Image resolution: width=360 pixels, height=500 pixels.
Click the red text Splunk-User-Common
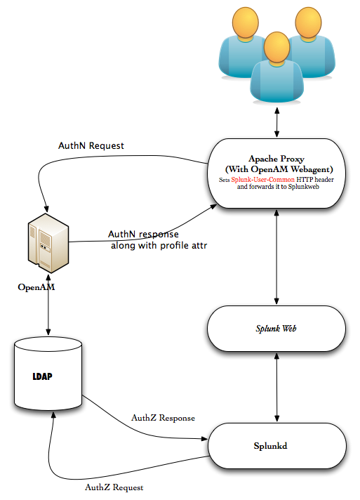coord(263,180)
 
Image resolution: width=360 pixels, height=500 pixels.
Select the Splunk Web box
coord(276,329)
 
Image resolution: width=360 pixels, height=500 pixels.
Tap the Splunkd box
coord(277,446)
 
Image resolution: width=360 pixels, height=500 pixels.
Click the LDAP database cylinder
coord(48,373)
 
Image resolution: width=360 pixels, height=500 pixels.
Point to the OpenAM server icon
coord(48,243)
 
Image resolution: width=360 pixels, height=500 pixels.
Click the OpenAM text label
coord(36,287)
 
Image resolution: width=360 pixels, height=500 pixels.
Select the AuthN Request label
coord(91,146)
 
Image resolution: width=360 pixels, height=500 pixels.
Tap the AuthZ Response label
coord(163,418)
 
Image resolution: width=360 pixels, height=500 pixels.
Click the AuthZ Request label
coord(114,487)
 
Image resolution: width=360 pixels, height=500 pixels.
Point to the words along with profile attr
coord(159,246)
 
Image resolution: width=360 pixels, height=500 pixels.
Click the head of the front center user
coord(277,47)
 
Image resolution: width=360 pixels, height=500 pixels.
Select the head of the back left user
coord(246,22)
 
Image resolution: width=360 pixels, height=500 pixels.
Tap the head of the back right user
coord(308,22)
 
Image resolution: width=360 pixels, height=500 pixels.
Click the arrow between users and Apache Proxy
coord(277,122)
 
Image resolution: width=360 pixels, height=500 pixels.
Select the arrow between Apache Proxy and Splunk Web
coord(276,257)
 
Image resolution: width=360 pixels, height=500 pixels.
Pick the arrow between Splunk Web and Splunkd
coord(277,387)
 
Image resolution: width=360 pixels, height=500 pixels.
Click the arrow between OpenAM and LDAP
coord(48,309)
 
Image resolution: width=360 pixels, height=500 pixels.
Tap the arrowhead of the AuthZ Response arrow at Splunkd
coord(205,439)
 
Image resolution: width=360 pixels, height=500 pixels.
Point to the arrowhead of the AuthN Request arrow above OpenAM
coord(46,209)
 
